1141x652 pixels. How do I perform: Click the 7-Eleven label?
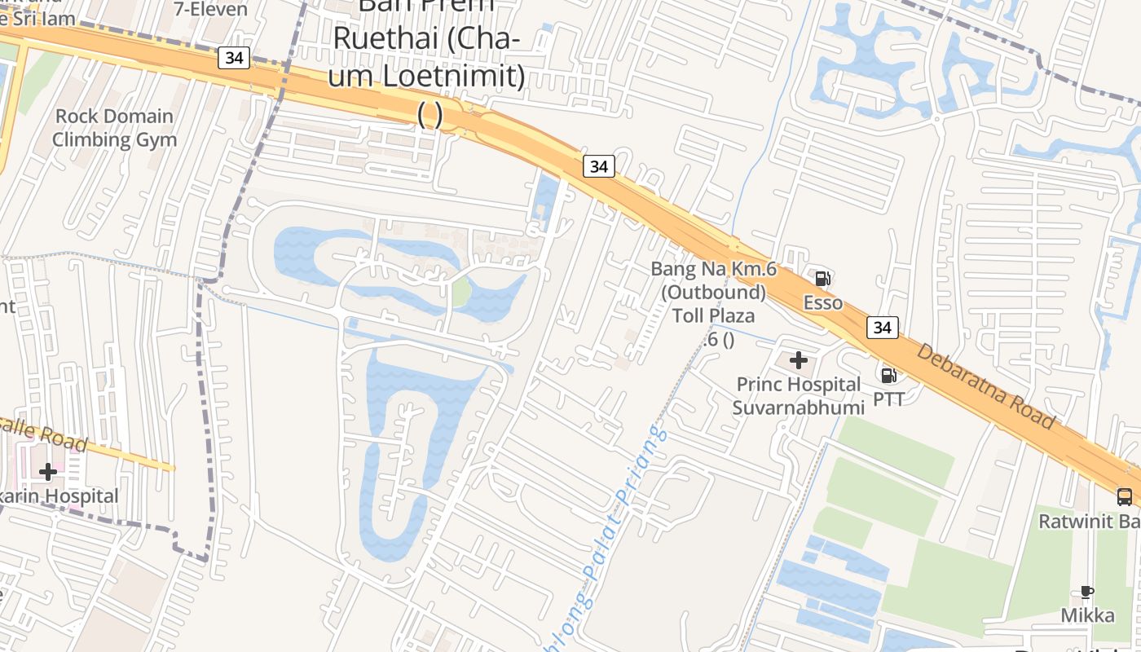click(211, 9)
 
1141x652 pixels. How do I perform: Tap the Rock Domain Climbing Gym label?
click(114, 128)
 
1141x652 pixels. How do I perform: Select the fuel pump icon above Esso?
click(822, 279)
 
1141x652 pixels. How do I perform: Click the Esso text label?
click(822, 302)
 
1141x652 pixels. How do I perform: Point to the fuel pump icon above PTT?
click(888, 375)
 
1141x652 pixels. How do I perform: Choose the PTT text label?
click(888, 399)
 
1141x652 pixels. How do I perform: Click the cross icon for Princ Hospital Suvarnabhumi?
click(799, 359)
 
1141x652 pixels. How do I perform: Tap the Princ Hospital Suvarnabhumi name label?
click(798, 395)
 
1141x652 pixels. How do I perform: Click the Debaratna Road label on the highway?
click(986, 386)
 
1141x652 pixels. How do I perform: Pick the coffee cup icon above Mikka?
click(1086, 592)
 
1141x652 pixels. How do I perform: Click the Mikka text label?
click(1087, 615)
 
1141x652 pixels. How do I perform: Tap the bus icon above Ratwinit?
click(1124, 496)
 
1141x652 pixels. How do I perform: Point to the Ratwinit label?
click(1089, 518)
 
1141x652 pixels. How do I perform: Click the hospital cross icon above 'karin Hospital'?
click(48, 471)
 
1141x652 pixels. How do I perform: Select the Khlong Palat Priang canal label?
click(616, 522)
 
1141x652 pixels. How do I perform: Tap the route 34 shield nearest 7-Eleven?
click(234, 58)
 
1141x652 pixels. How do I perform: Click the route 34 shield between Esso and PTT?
click(883, 328)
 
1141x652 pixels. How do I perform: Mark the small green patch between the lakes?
click(461, 292)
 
